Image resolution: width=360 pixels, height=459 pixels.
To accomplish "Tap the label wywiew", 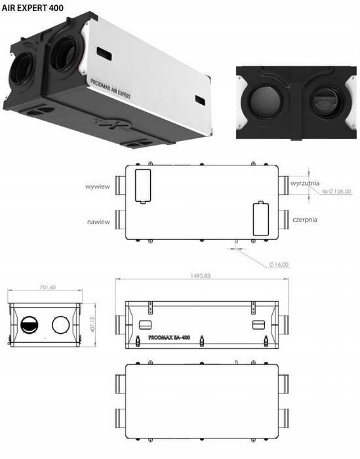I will [x=96, y=186].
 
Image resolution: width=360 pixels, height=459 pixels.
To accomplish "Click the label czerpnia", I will [x=305, y=220].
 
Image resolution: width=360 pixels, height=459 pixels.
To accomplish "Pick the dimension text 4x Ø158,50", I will [x=338, y=191].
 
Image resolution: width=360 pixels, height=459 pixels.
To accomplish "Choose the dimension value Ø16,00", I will [x=278, y=264].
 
